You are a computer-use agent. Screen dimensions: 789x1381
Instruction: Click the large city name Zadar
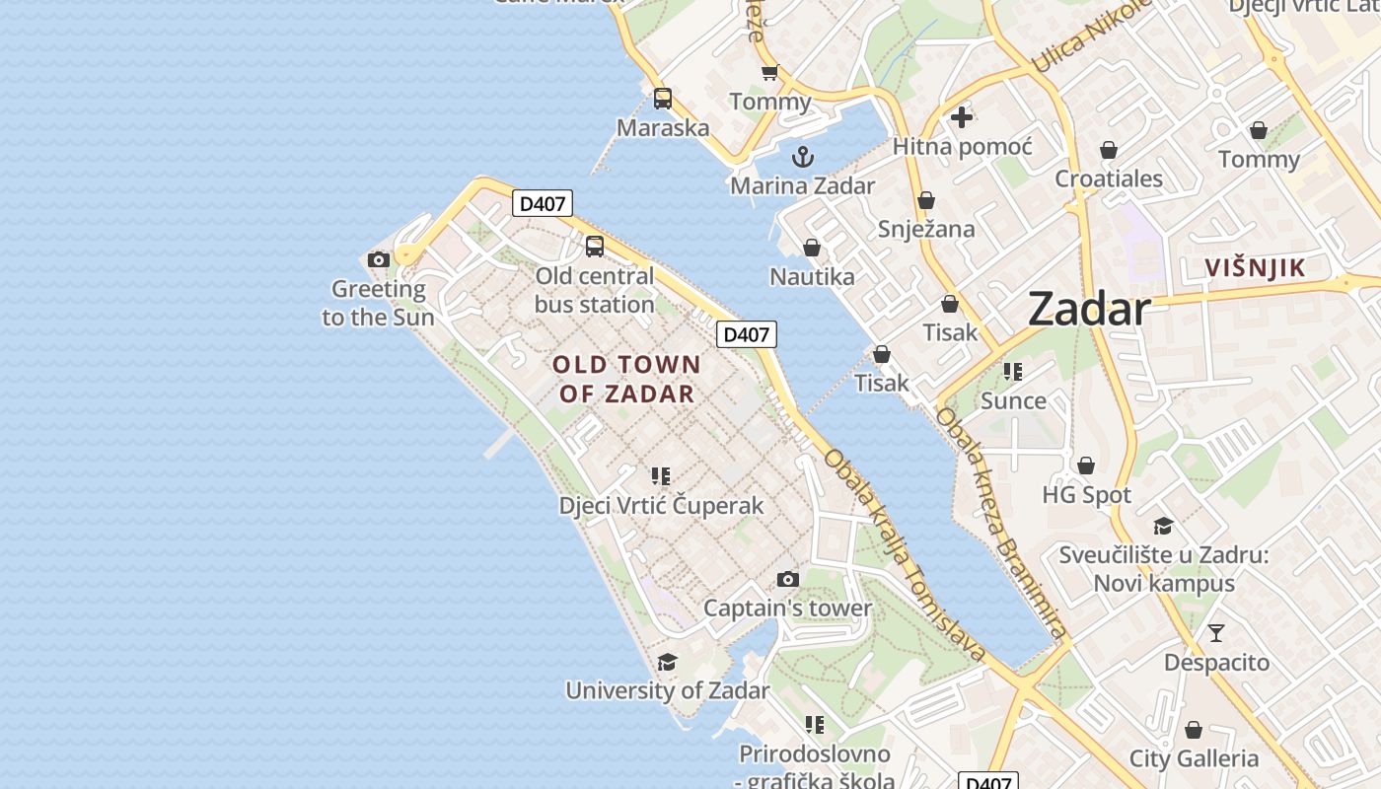[1089, 310]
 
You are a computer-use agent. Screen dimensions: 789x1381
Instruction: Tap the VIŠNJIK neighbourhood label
[1255, 267]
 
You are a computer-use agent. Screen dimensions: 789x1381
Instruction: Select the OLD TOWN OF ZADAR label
[627, 380]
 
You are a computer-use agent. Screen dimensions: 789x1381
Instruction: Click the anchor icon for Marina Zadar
[803, 157]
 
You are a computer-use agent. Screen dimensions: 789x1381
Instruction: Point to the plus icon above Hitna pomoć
[962, 117]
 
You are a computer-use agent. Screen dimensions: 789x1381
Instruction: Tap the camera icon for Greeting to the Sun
[378, 259]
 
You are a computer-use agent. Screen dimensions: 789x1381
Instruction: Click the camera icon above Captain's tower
[787, 579]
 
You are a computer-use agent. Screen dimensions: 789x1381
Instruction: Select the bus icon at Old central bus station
[595, 247]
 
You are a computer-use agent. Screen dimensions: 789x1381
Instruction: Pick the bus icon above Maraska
[663, 99]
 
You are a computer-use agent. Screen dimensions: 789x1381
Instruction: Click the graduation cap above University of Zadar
[668, 662]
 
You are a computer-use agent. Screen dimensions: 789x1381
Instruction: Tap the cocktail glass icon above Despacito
[1216, 633]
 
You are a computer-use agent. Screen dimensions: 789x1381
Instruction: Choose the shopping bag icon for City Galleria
[1194, 730]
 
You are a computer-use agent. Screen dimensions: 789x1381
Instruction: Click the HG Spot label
[1087, 495]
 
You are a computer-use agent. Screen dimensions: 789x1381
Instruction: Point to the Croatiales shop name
[1109, 179]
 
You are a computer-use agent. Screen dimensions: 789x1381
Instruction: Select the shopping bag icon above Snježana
[926, 201]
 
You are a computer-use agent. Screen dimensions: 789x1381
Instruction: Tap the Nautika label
[812, 277]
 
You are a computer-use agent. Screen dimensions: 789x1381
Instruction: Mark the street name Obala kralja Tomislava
[905, 554]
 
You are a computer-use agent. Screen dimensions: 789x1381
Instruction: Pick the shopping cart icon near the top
[769, 72]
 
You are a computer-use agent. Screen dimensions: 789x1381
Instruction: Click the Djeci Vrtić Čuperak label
[661, 506]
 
